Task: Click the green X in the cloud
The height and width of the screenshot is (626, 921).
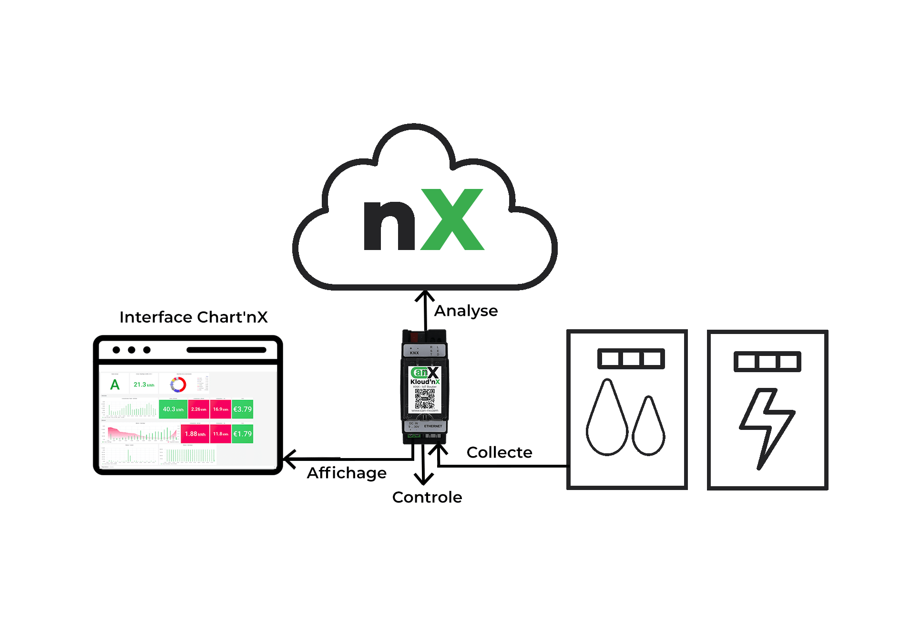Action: (x=453, y=219)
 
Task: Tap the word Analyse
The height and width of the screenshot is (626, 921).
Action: (x=466, y=311)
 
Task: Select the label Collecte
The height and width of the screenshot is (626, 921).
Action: (x=499, y=452)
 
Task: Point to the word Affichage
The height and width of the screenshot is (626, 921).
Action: (x=347, y=473)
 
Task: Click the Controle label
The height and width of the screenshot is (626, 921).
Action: (x=427, y=497)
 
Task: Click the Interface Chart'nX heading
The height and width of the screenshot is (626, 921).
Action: (x=193, y=317)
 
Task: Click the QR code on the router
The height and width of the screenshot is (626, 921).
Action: (x=424, y=398)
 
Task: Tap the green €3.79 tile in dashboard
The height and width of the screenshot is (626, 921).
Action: (x=243, y=409)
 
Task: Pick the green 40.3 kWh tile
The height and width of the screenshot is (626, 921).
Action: (x=173, y=409)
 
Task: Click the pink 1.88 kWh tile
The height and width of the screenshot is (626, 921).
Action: (x=195, y=434)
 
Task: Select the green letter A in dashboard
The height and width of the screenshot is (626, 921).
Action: (x=115, y=385)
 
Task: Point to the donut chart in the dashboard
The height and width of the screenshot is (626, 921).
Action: (x=178, y=385)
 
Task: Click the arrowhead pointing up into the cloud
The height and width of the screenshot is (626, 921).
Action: (x=425, y=295)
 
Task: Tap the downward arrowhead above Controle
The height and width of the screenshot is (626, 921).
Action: (x=423, y=479)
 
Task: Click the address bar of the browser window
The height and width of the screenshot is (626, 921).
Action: (x=226, y=350)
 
